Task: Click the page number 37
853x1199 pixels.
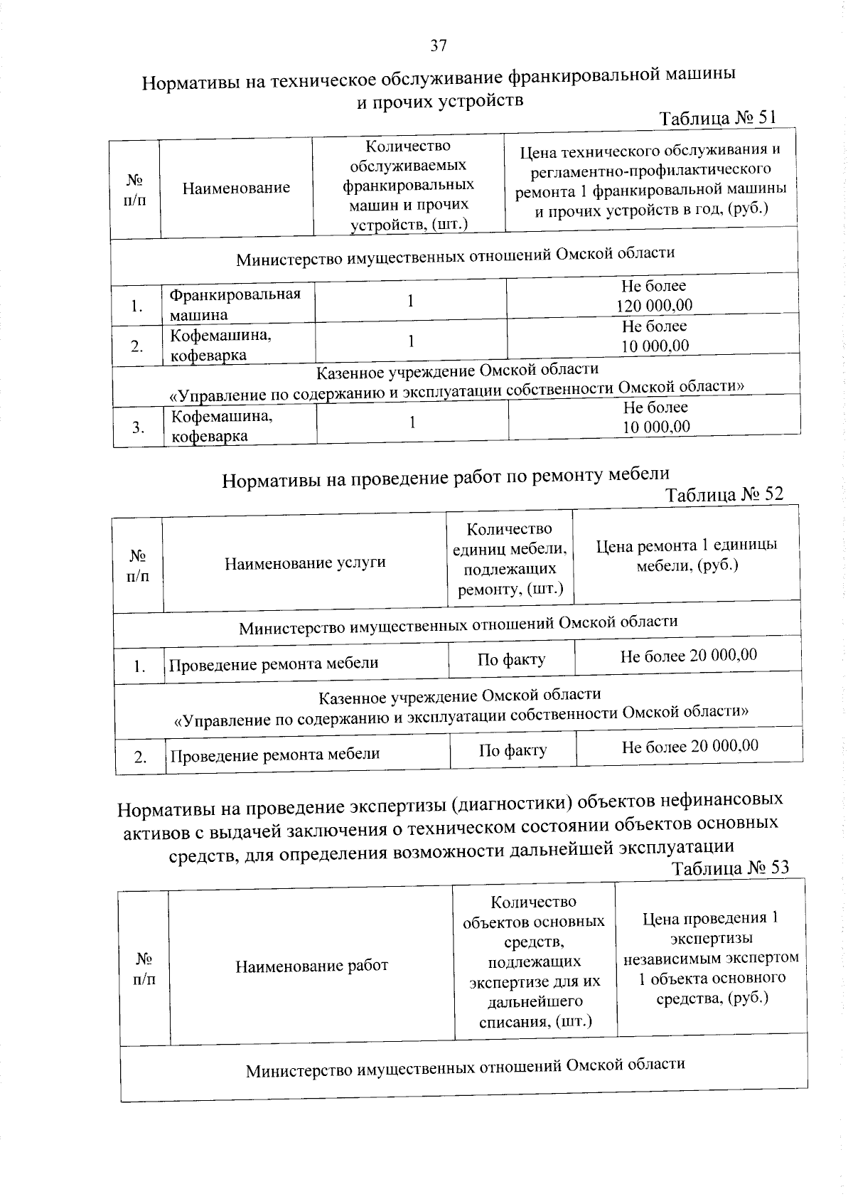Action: coord(438,46)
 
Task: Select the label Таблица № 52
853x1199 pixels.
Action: coord(724,494)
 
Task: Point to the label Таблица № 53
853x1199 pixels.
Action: coord(729,868)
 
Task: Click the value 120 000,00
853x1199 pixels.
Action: coord(654,306)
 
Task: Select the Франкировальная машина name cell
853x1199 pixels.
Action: coord(235,304)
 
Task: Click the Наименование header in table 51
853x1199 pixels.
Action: coord(236,188)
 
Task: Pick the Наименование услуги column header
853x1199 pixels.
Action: coord(305,563)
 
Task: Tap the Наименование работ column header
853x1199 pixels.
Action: coord(311,966)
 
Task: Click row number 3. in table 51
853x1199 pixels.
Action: coord(138,427)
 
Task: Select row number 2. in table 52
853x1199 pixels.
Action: coord(140,757)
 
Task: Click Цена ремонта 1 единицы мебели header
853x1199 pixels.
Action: coord(686,555)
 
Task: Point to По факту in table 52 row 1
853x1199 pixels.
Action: coord(511,659)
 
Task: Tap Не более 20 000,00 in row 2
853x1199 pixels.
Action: coord(690,746)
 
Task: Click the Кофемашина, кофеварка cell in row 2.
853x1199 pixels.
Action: coord(220,344)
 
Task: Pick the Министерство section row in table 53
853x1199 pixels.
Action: coord(465,1066)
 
